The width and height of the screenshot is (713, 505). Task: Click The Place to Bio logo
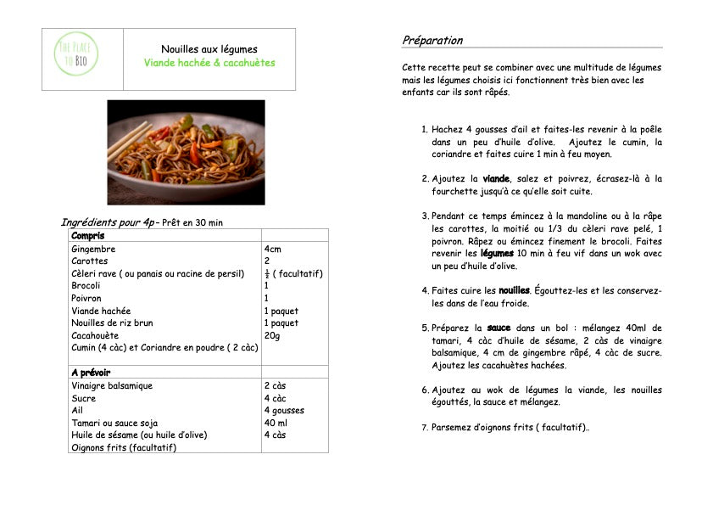tap(75, 56)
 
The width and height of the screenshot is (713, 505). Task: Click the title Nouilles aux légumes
tap(209, 49)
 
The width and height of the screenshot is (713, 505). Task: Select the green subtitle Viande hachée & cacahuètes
tap(209, 63)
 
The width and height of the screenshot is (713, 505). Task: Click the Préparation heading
tap(432, 40)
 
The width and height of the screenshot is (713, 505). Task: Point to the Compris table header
tap(88, 235)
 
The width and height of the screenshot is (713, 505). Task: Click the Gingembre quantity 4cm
tap(274, 250)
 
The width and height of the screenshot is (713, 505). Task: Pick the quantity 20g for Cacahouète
tap(272, 335)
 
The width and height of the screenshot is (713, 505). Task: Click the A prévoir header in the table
tap(91, 373)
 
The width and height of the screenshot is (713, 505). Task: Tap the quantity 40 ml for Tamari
tap(276, 423)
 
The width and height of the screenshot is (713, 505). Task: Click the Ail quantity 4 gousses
tap(284, 410)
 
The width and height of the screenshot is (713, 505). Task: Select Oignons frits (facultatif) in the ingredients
tap(124, 447)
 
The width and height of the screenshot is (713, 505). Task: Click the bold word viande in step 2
tap(496, 179)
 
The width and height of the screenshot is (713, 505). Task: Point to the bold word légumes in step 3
tap(497, 253)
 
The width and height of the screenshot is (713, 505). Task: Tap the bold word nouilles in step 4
tap(514, 290)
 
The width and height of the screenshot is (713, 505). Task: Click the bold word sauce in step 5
tap(499, 328)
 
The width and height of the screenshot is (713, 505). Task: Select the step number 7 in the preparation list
tap(425, 428)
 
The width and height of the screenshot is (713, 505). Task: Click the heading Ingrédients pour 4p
tap(108, 222)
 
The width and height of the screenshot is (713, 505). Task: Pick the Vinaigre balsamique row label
tap(112, 385)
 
